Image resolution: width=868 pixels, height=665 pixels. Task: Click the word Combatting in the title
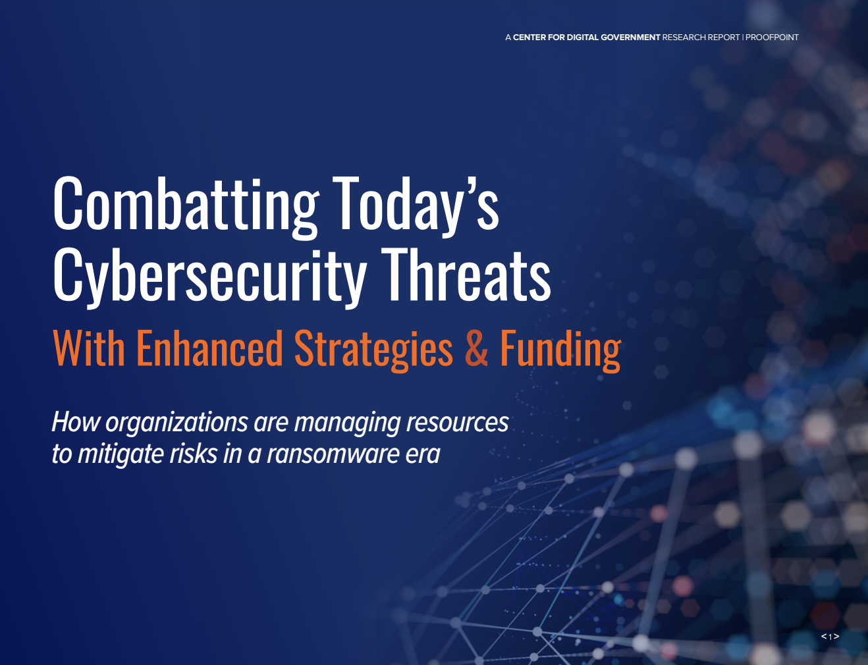pos(186,204)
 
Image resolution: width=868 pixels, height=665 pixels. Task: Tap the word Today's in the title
pos(415,204)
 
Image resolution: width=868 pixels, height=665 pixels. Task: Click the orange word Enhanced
pos(209,348)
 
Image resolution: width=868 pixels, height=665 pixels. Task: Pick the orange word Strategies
pos(373,348)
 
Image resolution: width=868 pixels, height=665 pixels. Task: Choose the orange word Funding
pos(560,348)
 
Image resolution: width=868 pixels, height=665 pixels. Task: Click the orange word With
pos(88,348)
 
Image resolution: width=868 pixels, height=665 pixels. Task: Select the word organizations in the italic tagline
pos(176,423)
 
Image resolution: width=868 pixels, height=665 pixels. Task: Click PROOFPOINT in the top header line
pos(772,38)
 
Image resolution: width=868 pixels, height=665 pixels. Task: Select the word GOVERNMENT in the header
pos(630,38)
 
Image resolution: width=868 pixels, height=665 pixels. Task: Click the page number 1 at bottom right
pos(830,637)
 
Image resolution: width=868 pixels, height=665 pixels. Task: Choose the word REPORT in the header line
pos(724,38)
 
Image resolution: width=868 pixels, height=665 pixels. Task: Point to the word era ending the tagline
pos(423,454)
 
